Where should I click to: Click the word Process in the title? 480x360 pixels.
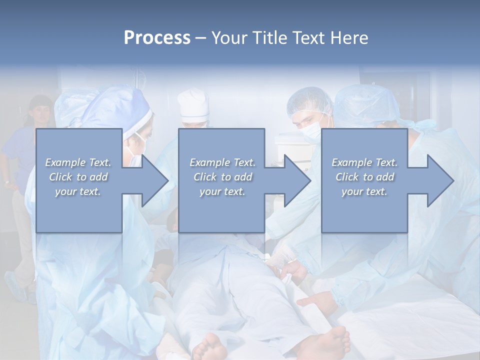point(157,38)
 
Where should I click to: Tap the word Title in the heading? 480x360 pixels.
point(270,38)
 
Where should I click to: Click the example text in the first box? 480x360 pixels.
point(78,177)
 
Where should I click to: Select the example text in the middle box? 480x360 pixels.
point(222,177)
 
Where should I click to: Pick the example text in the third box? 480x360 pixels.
point(364,177)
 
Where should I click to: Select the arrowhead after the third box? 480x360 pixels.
point(439,180)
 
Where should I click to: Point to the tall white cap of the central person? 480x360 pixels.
point(193,104)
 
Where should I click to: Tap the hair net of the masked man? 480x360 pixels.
point(310,97)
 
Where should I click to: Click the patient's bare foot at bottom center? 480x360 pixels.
point(210,347)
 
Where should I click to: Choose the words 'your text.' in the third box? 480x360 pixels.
point(364,191)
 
